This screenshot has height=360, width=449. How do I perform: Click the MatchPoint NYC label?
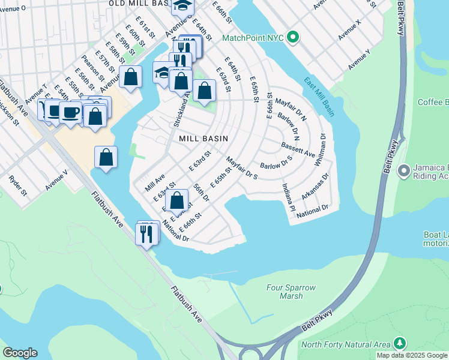pyautogui.click(x=252, y=37)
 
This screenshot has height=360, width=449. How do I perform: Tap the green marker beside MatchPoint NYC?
pyautogui.click(x=292, y=37)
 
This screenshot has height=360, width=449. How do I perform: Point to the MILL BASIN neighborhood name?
pyautogui.click(x=203, y=139)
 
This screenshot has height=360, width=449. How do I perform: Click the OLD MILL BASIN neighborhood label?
pyautogui.click(x=137, y=4)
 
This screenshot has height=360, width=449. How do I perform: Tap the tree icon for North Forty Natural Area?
pyautogui.click(x=399, y=343)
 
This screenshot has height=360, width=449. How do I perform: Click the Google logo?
pyautogui.click(x=19, y=353)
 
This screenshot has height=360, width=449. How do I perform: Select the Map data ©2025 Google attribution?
pyautogui.click(x=412, y=355)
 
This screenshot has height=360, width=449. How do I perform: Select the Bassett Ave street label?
pyautogui.click(x=298, y=150)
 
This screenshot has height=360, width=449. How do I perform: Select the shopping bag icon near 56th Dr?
pyautogui.click(x=177, y=200)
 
